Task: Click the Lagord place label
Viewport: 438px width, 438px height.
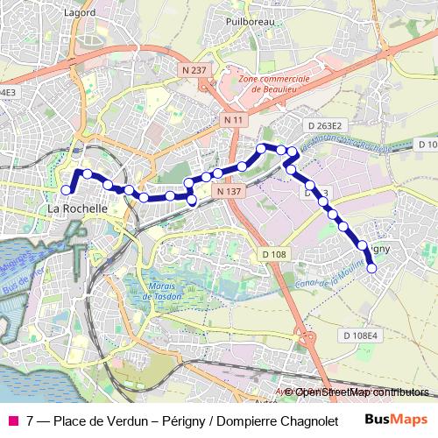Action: pyautogui.click(x=80, y=13)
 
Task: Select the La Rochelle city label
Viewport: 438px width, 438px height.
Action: pyautogui.click(x=77, y=209)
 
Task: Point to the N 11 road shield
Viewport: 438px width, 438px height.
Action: pyautogui.click(x=233, y=119)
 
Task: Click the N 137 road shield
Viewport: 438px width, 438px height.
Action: pyautogui.click(x=228, y=191)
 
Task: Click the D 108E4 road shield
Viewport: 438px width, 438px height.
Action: pyautogui.click(x=360, y=336)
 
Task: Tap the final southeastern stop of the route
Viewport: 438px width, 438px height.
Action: pyautogui.click(x=371, y=269)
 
